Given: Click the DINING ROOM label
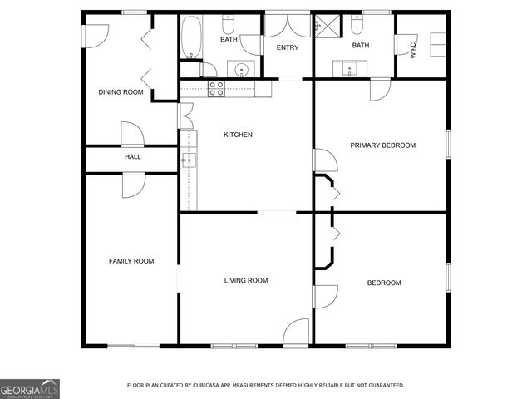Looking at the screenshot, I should pyautogui.click(x=121, y=92).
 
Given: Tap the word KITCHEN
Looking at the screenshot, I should pyautogui.click(x=238, y=135).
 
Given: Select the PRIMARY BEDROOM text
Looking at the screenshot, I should pyautogui.click(x=382, y=145).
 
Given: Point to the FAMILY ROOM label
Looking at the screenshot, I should pyautogui.click(x=131, y=261).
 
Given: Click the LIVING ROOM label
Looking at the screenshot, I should pyautogui.click(x=246, y=281).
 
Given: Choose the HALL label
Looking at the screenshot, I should pyautogui.click(x=132, y=156).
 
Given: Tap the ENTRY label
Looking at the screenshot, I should pyautogui.click(x=288, y=47).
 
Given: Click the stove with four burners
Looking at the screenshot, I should pyautogui.click(x=216, y=88).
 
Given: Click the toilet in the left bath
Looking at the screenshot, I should pyautogui.click(x=229, y=22).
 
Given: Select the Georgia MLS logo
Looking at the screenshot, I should pyautogui.click(x=30, y=388).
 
